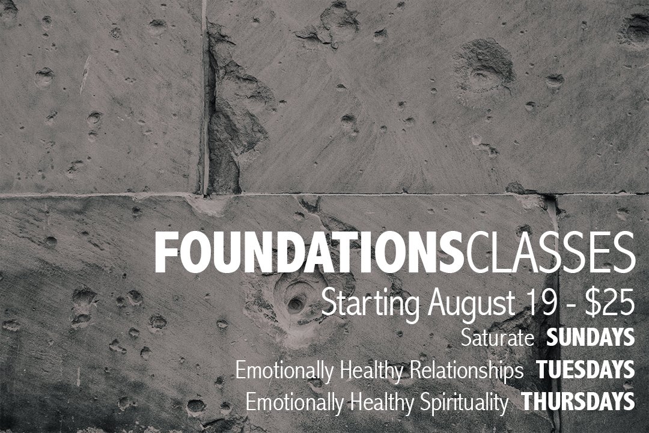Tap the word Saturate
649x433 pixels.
498,338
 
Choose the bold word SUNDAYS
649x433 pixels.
591,338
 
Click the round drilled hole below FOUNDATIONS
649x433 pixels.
294,304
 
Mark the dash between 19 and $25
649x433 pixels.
568,304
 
